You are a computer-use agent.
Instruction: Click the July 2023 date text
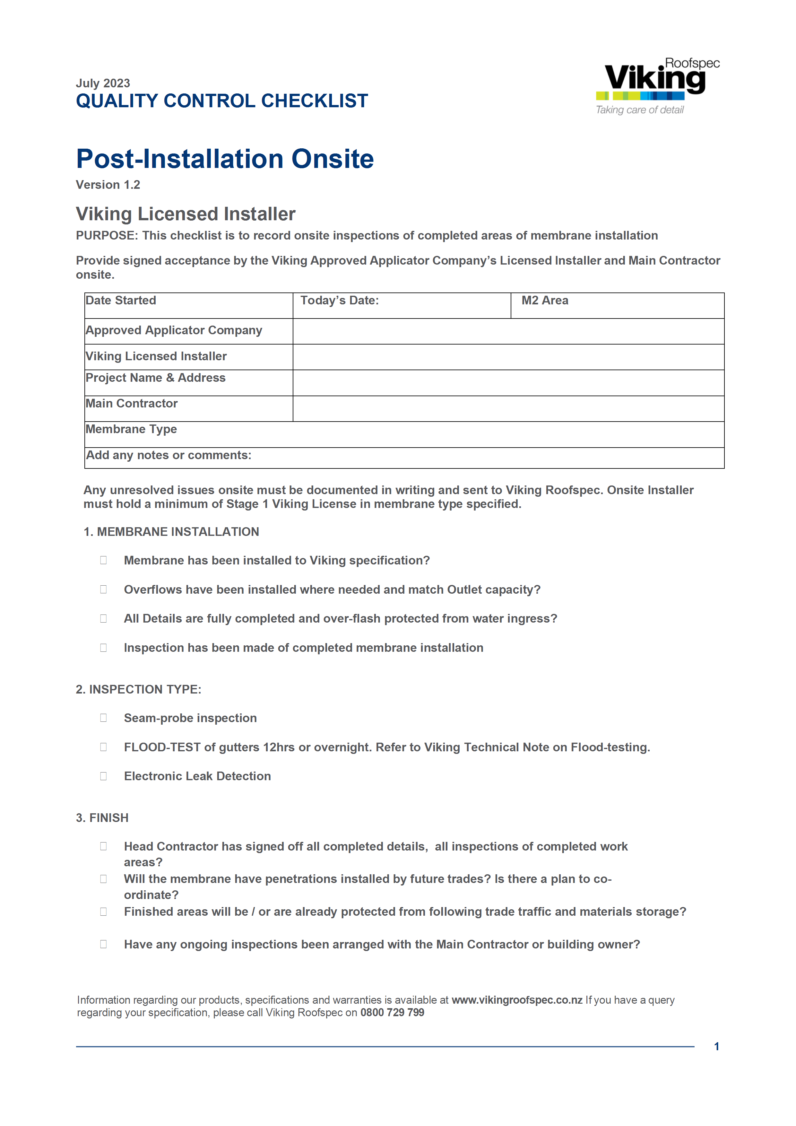coord(103,83)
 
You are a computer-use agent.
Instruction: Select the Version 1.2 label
coord(108,185)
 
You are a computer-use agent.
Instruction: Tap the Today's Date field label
coord(339,301)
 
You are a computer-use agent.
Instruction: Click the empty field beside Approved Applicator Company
coord(508,332)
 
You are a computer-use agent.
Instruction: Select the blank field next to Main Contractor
coord(508,408)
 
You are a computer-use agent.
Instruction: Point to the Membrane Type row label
coord(131,429)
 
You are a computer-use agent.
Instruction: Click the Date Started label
coord(121,301)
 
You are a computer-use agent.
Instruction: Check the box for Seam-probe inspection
coord(103,718)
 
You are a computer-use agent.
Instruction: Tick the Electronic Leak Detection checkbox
coord(103,776)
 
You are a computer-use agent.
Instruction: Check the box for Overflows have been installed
coord(103,589)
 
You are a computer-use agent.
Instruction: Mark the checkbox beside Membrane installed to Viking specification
coord(103,560)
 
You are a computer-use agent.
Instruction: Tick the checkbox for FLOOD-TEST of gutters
coord(103,747)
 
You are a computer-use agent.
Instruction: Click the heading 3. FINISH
coord(102,818)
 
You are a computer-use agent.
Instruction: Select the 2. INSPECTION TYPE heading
coord(138,690)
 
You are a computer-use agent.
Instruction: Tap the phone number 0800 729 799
coord(392,1013)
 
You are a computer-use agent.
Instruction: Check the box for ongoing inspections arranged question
coord(103,944)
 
